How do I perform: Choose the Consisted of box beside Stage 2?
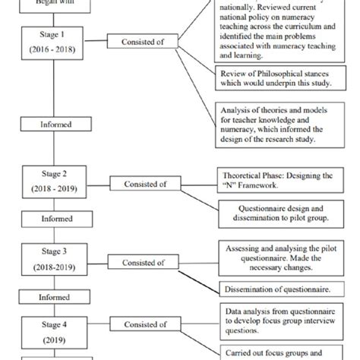pyautogui.click(x=140, y=183)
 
